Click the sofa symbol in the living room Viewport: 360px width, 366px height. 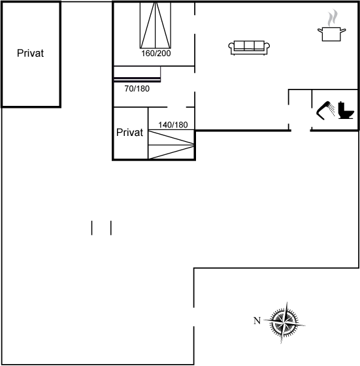[249, 48]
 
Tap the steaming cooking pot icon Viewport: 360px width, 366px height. [331, 25]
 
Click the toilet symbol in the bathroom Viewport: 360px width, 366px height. [346, 110]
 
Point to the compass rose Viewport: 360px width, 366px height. [284, 323]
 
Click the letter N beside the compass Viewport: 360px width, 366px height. [257, 321]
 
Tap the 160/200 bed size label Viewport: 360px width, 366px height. [156, 54]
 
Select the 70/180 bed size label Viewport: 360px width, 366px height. [137, 89]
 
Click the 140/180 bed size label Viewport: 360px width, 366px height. [173, 125]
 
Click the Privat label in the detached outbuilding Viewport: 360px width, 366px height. [30, 53]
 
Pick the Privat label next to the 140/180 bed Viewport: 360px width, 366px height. [129, 132]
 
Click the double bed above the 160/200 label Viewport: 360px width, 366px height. [155, 25]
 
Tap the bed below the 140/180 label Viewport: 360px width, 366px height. [171, 144]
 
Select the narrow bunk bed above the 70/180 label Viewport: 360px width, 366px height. [137, 74]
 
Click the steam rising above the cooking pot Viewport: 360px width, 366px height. [333, 18]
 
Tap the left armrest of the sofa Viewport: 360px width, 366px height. [231, 48]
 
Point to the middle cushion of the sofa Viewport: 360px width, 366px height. [249, 45]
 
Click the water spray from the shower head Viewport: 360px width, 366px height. [332, 110]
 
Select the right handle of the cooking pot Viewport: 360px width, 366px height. [343, 30]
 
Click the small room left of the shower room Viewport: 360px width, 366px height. [301, 109]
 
